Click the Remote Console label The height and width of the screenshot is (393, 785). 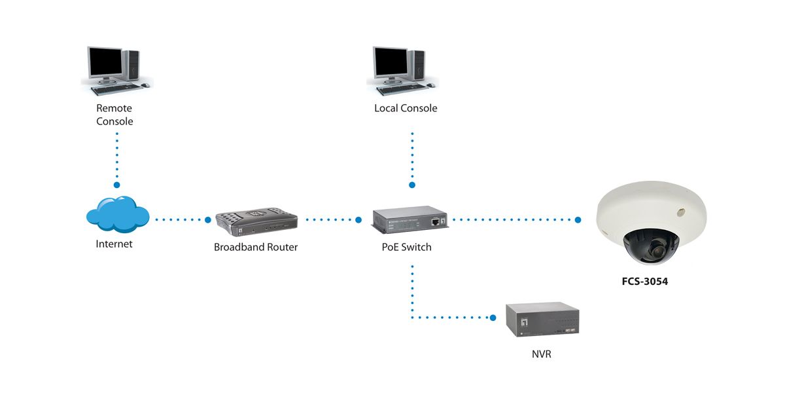point(114,115)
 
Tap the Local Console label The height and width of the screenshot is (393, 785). point(406,108)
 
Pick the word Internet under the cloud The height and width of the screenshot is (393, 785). point(114,244)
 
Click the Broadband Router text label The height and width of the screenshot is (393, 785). point(256,248)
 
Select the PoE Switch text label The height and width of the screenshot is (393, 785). point(407,248)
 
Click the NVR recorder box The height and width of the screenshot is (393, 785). point(542,320)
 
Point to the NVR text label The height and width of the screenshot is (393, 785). point(542,354)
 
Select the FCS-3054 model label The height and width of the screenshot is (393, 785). point(644,284)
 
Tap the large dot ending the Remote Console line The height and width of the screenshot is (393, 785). point(117,185)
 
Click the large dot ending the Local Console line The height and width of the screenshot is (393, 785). point(412,185)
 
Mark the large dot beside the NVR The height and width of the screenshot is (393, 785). point(493,318)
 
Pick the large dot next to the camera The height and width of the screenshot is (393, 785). point(578,220)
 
